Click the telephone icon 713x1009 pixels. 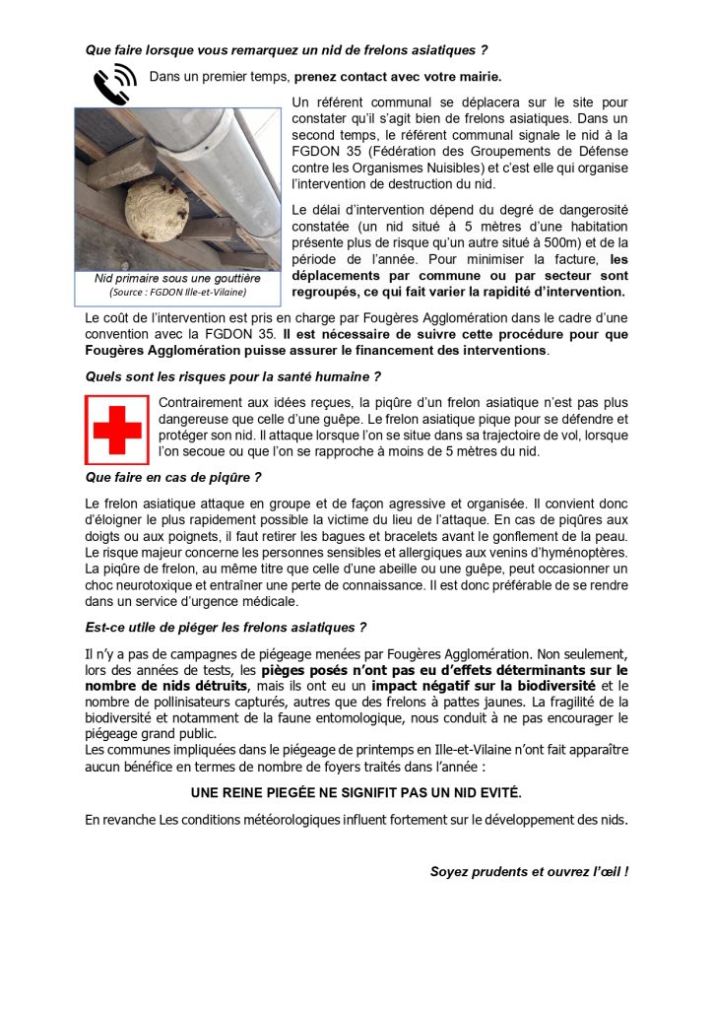pos(114,82)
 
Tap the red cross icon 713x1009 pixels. pos(117,430)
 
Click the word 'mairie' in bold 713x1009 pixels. pos(476,76)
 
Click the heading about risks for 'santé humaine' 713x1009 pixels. pos(233,376)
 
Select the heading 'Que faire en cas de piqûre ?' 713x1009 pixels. pos(173,478)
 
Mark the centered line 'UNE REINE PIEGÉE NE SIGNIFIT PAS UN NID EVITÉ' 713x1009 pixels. pos(356,792)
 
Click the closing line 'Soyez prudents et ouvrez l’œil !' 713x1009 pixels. pos(529,871)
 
